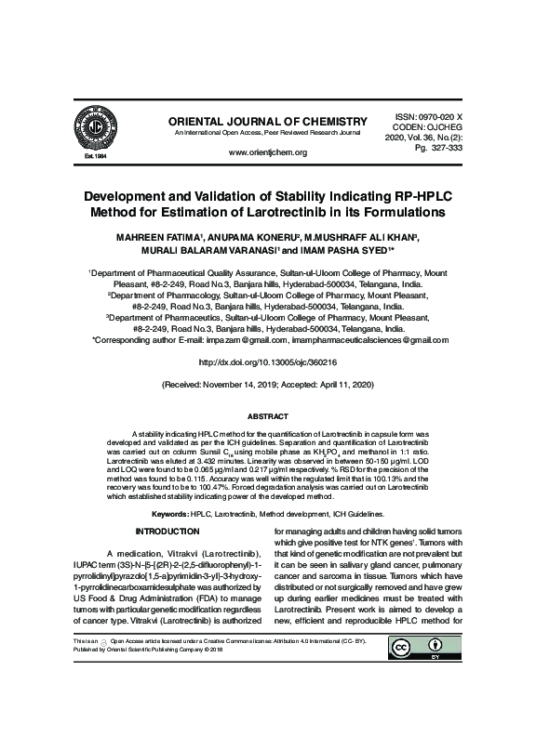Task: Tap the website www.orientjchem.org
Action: (267, 151)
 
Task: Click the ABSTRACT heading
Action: (267, 416)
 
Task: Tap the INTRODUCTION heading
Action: (162, 532)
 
